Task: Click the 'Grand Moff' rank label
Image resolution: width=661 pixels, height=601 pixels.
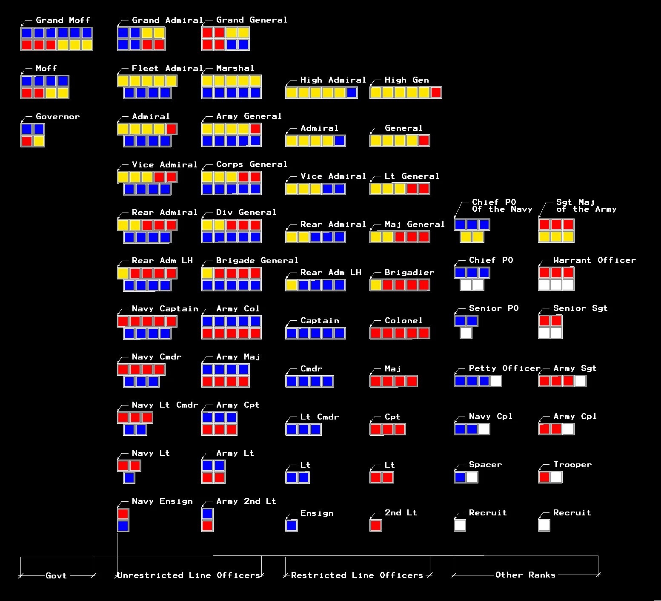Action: (63, 20)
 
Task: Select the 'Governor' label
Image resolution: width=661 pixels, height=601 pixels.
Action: (57, 116)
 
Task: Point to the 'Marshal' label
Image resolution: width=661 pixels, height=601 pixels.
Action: (235, 68)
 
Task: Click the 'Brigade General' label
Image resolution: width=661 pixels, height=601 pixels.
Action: (257, 260)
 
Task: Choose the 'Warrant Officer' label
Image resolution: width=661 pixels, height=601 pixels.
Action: (594, 260)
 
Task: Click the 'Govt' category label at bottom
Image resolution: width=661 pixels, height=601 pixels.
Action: (56, 575)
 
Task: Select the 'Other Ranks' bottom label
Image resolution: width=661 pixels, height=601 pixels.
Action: (525, 575)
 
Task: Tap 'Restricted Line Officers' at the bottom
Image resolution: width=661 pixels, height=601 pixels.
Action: (357, 575)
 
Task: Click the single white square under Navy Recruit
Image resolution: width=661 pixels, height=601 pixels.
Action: (460, 525)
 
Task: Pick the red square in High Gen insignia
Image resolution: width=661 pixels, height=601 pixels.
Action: (436, 92)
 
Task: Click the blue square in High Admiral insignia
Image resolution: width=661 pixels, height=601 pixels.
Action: (352, 92)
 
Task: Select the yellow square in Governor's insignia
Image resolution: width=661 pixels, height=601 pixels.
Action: (39, 141)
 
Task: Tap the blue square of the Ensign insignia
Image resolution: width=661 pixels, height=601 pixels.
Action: (292, 525)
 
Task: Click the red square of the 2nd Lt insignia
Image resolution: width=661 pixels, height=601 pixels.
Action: (375, 525)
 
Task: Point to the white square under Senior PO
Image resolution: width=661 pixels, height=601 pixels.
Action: (466, 333)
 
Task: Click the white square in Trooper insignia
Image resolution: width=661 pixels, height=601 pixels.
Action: (556, 477)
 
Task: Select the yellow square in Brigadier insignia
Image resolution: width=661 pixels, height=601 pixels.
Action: (375, 285)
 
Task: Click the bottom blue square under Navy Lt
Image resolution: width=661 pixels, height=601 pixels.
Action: (129, 478)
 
